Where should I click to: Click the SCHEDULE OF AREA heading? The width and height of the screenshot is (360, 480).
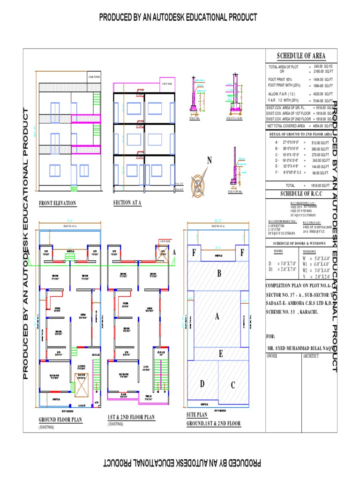point(300,56)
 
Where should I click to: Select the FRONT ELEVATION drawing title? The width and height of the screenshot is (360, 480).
point(57,203)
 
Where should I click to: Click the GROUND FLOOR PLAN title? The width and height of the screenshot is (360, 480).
point(60,420)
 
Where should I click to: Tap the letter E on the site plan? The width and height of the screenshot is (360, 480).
point(220,354)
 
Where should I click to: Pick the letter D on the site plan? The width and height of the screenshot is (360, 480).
point(202,384)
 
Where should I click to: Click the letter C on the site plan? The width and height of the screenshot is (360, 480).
point(232,386)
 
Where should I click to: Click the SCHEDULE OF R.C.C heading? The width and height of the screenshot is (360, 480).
point(300,194)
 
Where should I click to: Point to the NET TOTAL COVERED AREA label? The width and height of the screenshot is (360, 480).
point(286,126)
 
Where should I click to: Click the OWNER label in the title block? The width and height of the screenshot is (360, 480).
point(272,356)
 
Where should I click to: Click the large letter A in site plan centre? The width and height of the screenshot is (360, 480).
point(217,317)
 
